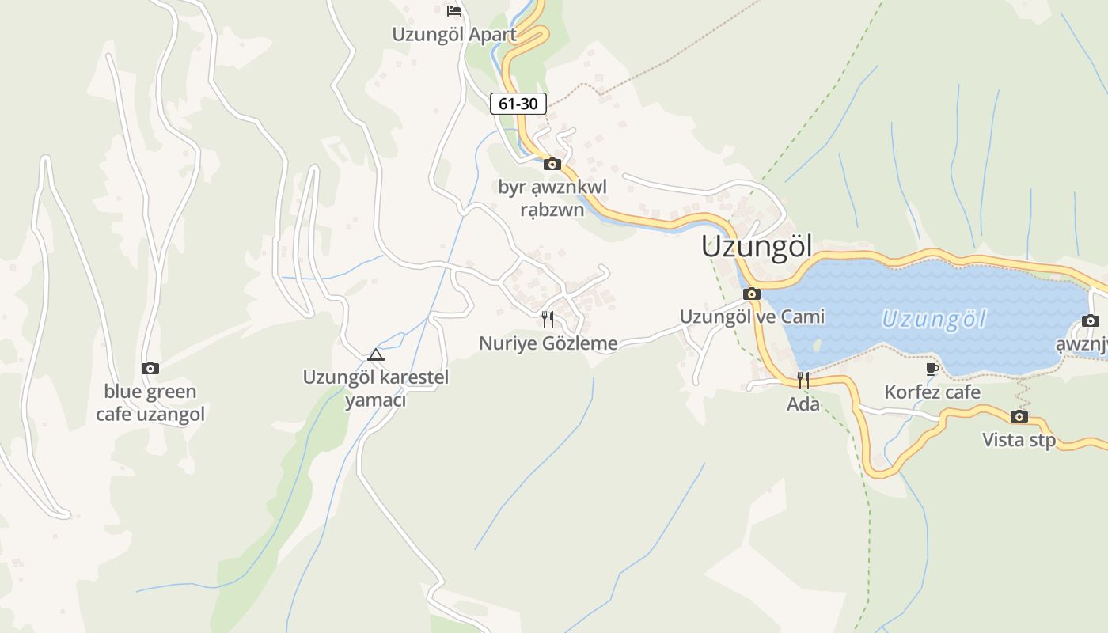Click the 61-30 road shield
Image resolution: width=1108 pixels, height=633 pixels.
[518, 103]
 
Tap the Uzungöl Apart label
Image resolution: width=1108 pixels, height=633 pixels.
[454, 35]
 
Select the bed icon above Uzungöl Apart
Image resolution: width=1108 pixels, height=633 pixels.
[454, 10]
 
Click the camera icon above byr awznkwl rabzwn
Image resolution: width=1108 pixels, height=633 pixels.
[552, 165]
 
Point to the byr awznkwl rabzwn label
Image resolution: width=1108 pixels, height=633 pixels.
[552, 199]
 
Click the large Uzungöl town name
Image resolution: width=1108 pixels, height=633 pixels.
[757, 246]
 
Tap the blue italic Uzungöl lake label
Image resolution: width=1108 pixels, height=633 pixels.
[934, 320]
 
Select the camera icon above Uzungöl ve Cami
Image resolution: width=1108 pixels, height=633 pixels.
[752, 294]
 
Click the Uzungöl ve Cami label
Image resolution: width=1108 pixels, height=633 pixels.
[752, 316]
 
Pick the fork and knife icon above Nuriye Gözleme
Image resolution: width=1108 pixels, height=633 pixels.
[548, 320]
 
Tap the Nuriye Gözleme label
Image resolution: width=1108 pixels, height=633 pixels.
[548, 343]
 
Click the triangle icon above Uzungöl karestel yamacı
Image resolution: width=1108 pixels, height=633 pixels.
[375, 354]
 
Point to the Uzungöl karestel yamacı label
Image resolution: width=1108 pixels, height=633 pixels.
[376, 389]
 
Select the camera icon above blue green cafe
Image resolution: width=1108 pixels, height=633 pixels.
[150, 368]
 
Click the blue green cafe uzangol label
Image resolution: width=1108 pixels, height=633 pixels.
[150, 403]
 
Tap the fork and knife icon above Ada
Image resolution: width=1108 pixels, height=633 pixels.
[803, 381]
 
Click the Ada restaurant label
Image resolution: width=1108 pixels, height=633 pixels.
[803, 404]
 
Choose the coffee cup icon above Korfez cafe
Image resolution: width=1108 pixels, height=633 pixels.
[932, 369]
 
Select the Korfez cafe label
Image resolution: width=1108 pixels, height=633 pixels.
[932, 392]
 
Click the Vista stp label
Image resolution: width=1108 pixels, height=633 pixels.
[1019, 440]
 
